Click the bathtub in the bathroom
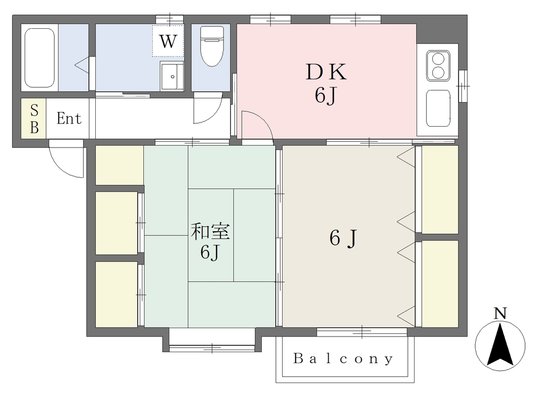point(40,58)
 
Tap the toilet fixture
point(211,46)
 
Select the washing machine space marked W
point(168,41)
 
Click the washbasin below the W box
point(172,76)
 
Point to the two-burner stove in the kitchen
point(438,65)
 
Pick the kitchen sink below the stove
point(438,108)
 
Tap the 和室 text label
point(210,231)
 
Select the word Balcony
point(343,358)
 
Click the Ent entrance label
point(69,118)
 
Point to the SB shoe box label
point(34,119)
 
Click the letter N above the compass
point(500,313)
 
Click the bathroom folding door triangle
point(82,65)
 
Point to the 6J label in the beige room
point(343,238)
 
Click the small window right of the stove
point(463,86)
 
